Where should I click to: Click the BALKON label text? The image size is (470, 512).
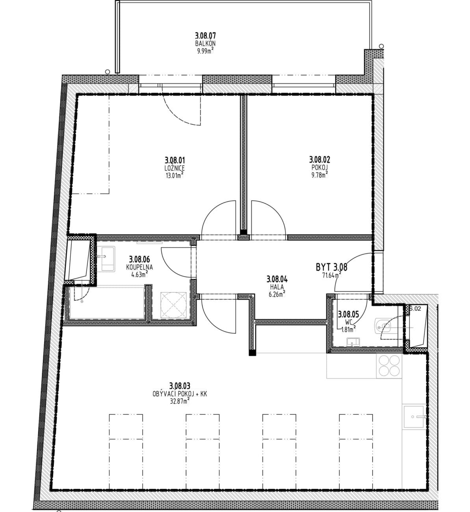click(x=205, y=43)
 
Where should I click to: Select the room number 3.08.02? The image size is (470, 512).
click(x=320, y=160)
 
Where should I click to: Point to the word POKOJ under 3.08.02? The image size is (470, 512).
click(x=320, y=167)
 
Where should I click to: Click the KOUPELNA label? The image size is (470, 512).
click(x=139, y=267)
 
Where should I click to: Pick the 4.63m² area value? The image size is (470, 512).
click(x=139, y=275)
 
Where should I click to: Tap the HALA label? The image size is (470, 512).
click(x=277, y=287)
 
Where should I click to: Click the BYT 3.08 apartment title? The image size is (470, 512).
click(x=332, y=267)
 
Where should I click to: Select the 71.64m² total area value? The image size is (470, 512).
click(x=332, y=275)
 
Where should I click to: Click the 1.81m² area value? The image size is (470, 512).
click(x=348, y=330)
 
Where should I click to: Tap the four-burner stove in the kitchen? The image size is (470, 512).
click(x=389, y=366)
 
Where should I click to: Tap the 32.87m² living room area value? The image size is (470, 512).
click(x=180, y=401)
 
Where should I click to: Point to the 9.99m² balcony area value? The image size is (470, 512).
click(x=205, y=51)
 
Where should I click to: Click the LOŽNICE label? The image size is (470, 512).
click(x=175, y=168)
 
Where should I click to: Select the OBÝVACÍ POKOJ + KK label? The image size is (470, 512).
click(x=180, y=393)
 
